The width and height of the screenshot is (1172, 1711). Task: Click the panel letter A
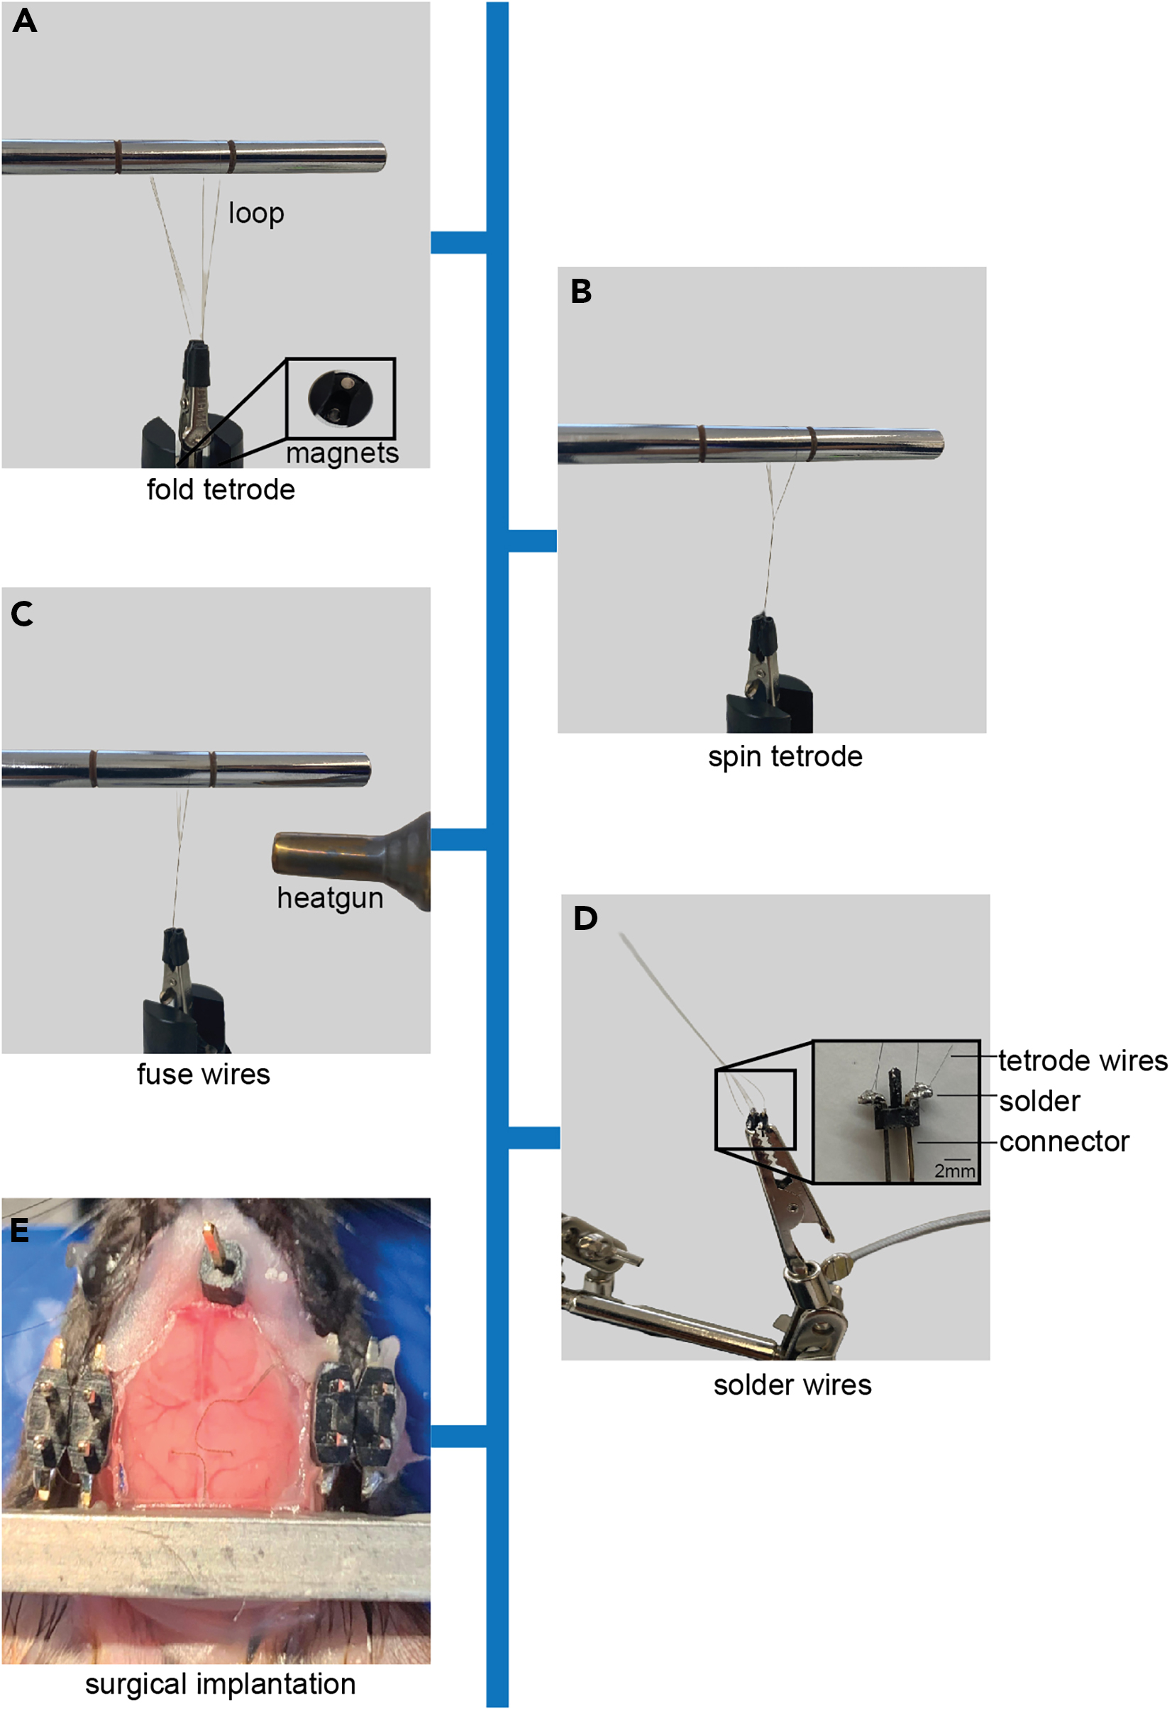coord(25,21)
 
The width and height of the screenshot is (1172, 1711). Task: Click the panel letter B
coord(581,292)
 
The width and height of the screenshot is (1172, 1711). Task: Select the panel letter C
coord(22,614)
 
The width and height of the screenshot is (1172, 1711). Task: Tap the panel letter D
coord(585,918)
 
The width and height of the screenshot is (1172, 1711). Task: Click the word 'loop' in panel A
coord(256,214)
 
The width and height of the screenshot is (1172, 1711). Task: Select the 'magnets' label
coord(343,453)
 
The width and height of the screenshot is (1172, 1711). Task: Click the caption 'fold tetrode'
coord(221,489)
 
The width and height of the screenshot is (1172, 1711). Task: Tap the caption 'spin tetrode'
coord(785,758)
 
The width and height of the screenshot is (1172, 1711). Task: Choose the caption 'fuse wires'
coord(203,1075)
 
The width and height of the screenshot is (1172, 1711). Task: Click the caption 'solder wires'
coord(792,1385)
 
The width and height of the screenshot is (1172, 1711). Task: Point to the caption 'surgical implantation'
coord(220,1684)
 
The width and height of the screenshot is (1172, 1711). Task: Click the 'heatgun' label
coord(330,899)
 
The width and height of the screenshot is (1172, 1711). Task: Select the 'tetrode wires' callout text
coord(1083,1061)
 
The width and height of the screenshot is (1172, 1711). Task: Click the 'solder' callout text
coord(1039,1102)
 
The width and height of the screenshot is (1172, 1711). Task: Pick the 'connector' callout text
coord(1063,1142)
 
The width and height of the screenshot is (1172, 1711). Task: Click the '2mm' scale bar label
coord(955,1170)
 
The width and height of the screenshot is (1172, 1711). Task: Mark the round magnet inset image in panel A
coord(340,398)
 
